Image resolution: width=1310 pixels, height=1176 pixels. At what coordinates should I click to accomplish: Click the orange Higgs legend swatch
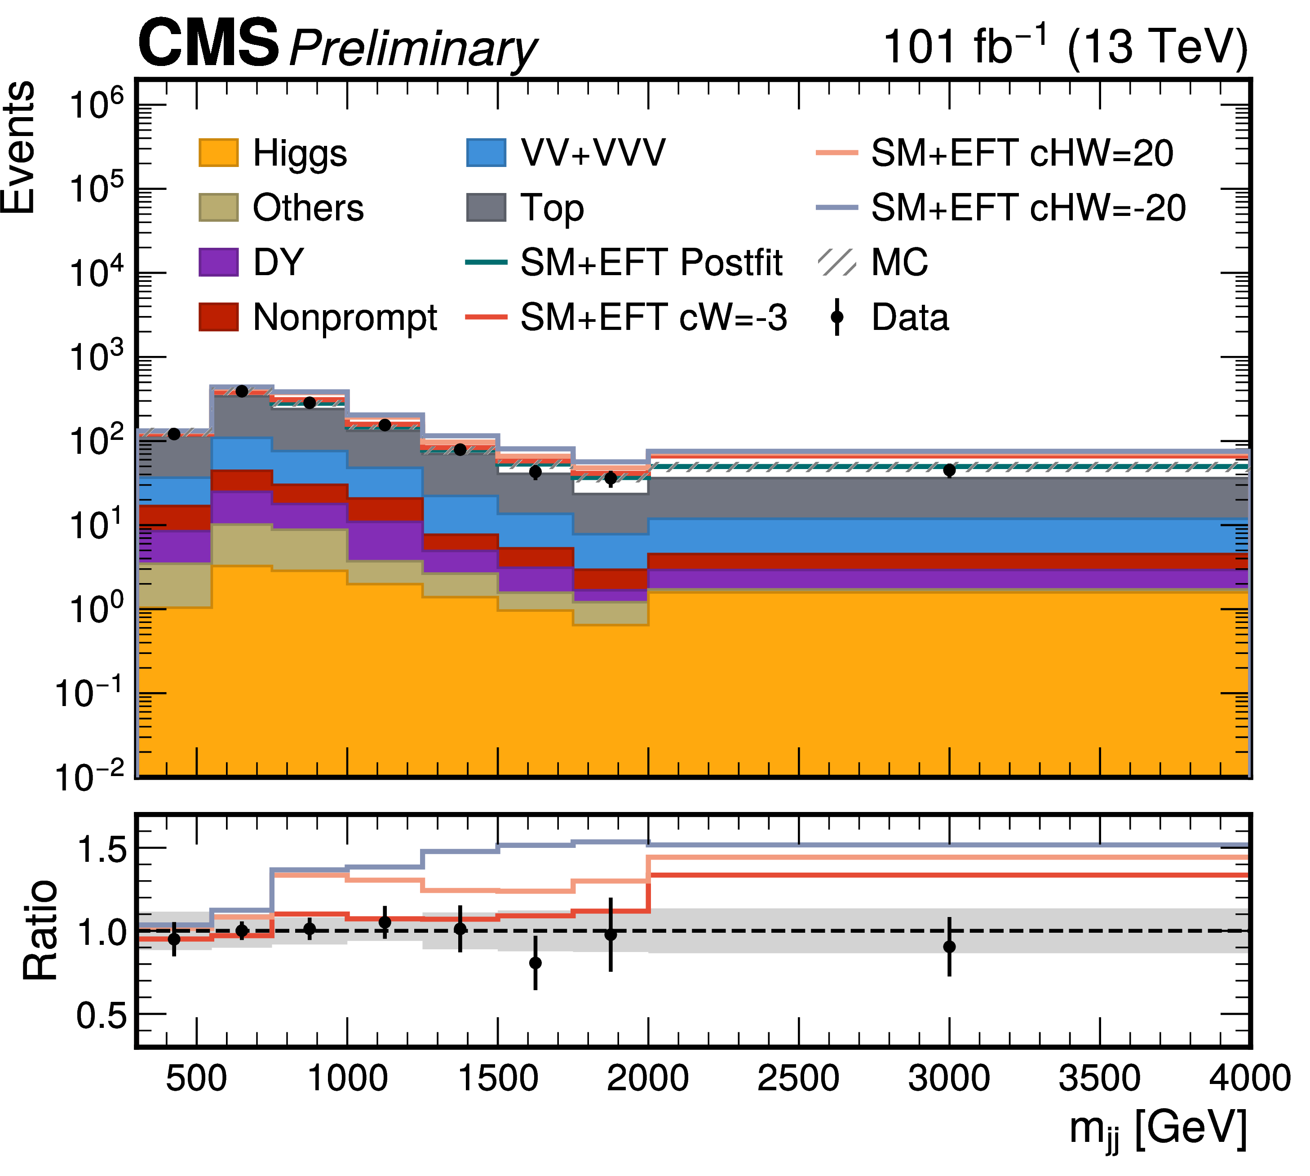coord(218,153)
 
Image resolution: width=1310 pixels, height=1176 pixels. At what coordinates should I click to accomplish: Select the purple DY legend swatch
coord(218,262)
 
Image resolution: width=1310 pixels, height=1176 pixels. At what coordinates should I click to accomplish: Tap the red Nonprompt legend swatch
coord(218,316)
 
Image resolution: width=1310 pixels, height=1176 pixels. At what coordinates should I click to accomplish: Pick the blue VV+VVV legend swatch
coord(486,153)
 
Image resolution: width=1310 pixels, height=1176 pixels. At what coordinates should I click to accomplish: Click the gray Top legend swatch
coord(486,207)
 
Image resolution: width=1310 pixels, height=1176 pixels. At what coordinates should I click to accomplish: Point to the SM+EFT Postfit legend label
coord(651,262)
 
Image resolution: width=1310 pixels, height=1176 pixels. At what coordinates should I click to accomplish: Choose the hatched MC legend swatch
coord(837,262)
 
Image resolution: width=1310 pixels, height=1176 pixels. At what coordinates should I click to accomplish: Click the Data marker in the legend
coord(837,316)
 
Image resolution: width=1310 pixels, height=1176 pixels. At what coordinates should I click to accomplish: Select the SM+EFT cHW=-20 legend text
coord(1028,207)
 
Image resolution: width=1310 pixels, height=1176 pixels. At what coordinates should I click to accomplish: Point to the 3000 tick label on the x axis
coord(948,1078)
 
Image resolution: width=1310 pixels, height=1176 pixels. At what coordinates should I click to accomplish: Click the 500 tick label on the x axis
coord(197,1078)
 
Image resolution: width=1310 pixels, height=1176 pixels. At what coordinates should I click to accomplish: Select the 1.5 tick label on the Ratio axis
coord(102,848)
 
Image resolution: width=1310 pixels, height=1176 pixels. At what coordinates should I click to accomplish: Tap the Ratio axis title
coord(40,929)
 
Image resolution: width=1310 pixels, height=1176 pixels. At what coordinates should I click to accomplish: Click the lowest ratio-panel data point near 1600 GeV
coord(536,962)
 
